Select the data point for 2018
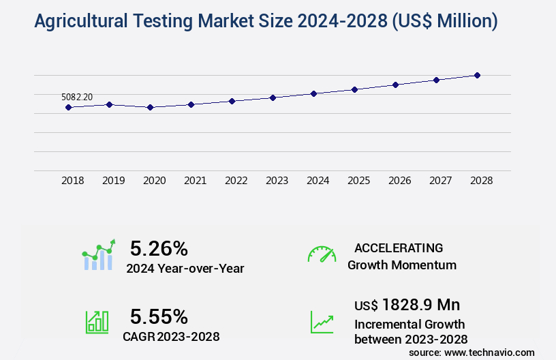[x=68, y=107]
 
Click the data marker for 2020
[x=150, y=107]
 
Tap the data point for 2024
[x=313, y=93]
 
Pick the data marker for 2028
[x=477, y=75]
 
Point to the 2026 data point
[x=395, y=85]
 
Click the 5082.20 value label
[x=77, y=97]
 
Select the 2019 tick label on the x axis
[x=113, y=181]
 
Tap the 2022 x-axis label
[x=236, y=181]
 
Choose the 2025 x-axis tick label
[x=358, y=181]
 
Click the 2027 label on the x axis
[x=440, y=181]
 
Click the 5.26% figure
[x=159, y=248]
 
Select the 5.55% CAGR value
[x=159, y=316]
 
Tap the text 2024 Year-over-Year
[x=185, y=269]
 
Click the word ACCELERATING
[x=399, y=247]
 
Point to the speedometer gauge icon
[x=322, y=254]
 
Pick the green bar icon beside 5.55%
[x=97, y=322]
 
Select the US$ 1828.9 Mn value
[x=407, y=304]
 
